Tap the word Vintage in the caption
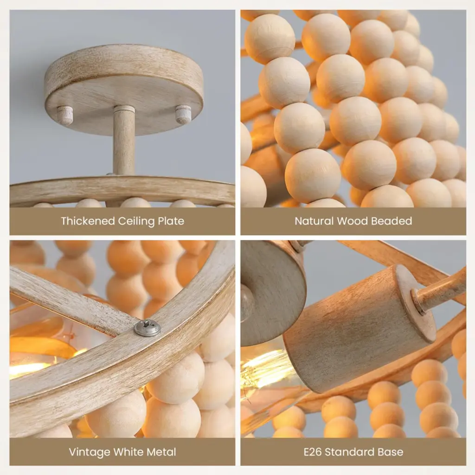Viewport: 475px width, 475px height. coord(90,452)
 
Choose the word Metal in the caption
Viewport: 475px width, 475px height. coord(161,452)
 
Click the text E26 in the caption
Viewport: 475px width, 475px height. coord(313,452)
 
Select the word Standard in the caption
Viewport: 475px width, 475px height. coord(351,452)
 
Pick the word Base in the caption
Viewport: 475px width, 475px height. coord(392,452)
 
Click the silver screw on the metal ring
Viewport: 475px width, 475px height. coord(147,328)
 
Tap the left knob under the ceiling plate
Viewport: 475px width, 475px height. coord(66,114)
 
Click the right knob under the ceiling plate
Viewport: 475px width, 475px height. coord(183,114)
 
